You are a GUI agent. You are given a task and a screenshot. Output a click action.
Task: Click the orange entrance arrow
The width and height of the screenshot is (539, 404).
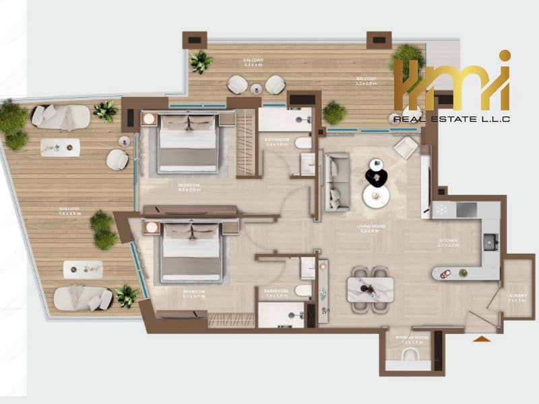tap(482, 339)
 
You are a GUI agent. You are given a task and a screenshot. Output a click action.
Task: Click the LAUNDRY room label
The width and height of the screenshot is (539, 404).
tap(517, 296)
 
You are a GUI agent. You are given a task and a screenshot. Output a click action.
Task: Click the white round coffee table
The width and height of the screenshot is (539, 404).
tap(375, 196)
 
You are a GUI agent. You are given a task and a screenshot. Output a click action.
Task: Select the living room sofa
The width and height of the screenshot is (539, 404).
tap(337, 182)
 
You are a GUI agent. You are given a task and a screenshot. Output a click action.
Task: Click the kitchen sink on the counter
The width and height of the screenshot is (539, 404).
tap(490, 241)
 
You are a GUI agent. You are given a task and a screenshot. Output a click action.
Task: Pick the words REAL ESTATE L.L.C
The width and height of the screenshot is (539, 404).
tap(450, 119)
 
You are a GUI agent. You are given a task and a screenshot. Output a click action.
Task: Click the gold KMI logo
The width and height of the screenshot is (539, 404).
tap(451, 83)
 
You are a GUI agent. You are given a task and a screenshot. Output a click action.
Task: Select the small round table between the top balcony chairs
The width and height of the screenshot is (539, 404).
tap(256, 88)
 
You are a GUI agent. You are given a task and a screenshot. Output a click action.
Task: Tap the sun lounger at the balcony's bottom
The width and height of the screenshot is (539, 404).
tap(82, 298)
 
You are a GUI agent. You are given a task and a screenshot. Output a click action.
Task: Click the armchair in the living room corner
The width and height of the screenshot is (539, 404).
tap(406, 147)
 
